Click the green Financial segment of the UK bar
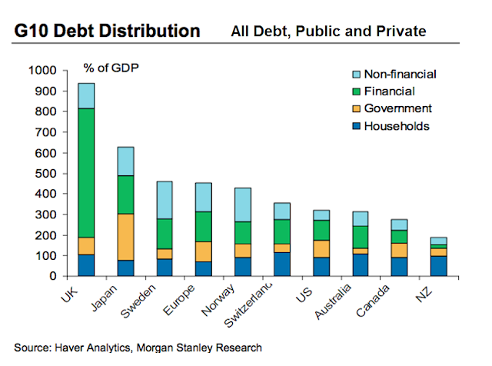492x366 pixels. (86, 173)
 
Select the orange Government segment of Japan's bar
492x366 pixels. (125, 237)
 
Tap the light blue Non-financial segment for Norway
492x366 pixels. (243, 205)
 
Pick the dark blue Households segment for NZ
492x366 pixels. (439, 266)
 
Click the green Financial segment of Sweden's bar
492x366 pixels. (165, 234)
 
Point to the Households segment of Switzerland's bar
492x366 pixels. (282, 265)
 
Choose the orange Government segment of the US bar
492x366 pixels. (321, 249)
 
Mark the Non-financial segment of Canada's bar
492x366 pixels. (399, 225)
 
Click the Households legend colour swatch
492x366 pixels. (356, 126)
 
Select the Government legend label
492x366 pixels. (398, 108)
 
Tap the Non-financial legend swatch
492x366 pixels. (356, 75)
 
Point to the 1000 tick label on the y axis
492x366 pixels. (42, 70)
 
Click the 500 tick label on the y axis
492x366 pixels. (45, 174)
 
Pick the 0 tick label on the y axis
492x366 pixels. (53, 276)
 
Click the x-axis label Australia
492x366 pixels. (333, 301)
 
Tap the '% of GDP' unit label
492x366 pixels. (111, 68)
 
